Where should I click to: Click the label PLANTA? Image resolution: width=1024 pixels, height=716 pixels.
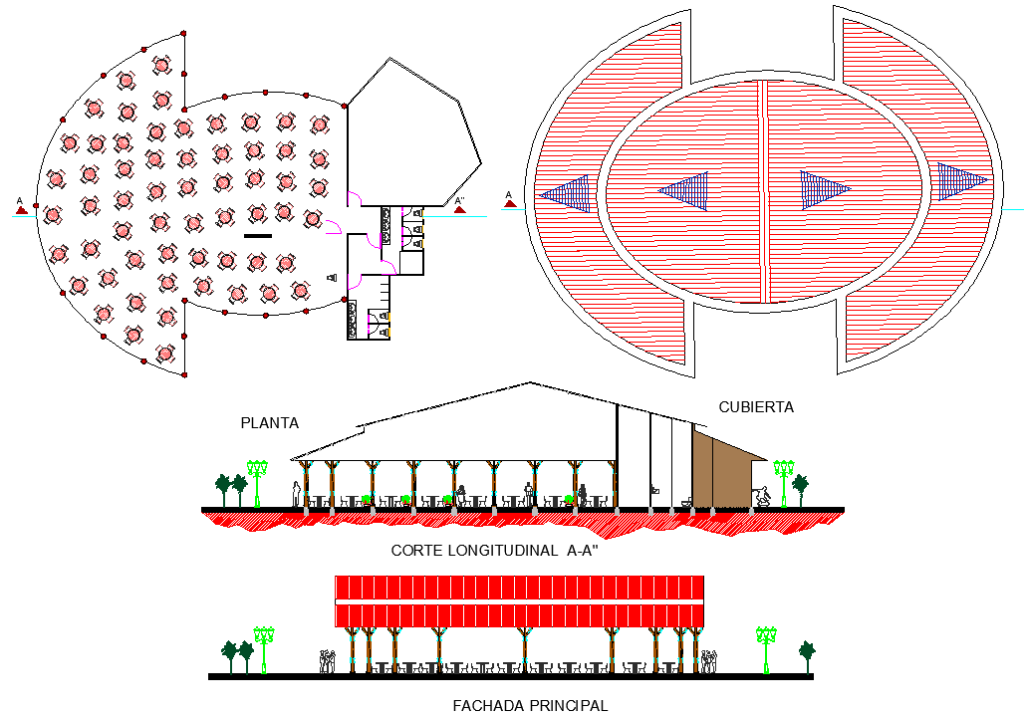click(269, 422)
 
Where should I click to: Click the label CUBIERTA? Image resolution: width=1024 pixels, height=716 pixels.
click(756, 406)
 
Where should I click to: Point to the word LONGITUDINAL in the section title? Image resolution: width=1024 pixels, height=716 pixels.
click(494, 550)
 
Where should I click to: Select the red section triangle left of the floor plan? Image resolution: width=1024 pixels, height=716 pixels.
click(20, 209)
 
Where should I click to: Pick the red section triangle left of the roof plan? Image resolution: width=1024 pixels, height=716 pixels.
click(509, 203)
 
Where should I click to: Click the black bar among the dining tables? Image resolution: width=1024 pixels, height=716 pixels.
click(257, 236)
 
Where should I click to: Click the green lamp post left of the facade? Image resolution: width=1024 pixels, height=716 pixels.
click(264, 645)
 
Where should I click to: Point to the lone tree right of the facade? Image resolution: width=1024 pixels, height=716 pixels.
click(807, 653)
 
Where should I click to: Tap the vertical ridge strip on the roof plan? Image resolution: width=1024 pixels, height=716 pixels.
click(765, 189)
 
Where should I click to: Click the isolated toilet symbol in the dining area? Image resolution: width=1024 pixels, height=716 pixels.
click(332, 278)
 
